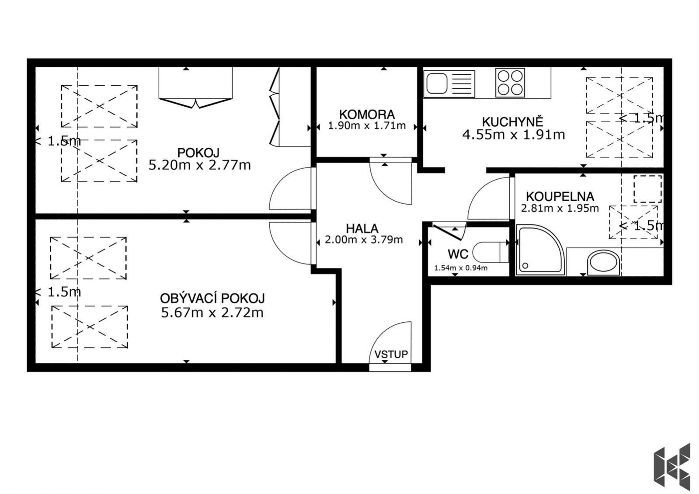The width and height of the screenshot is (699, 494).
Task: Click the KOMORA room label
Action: tap(367, 115)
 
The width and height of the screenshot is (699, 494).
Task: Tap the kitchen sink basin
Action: tap(437, 83)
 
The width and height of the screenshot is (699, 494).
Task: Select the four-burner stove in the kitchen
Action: tap(510, 83)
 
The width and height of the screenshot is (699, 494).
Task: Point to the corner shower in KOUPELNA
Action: tap(540, 250)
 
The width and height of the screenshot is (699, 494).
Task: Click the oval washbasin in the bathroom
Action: tap(603, 262)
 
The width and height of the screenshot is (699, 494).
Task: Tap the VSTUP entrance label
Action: tap(391, 355)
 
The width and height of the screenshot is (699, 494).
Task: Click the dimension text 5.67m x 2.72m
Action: tap(212, 313)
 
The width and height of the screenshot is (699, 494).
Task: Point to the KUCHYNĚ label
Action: tap(513, 121)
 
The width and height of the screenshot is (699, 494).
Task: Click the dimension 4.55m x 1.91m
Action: tap(514, 135)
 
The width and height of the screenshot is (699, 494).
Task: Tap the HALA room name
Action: tap(362, 229)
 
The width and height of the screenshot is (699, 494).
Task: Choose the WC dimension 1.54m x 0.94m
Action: tap(461, 268)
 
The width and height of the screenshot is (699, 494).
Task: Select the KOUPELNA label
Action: tap(560, 197)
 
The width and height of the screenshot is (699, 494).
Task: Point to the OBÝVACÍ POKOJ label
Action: tap(212, 298)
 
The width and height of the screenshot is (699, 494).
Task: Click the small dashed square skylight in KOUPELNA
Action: tap(647, 189)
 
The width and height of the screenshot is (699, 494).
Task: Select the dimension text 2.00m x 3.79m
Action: tap(364, 240)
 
